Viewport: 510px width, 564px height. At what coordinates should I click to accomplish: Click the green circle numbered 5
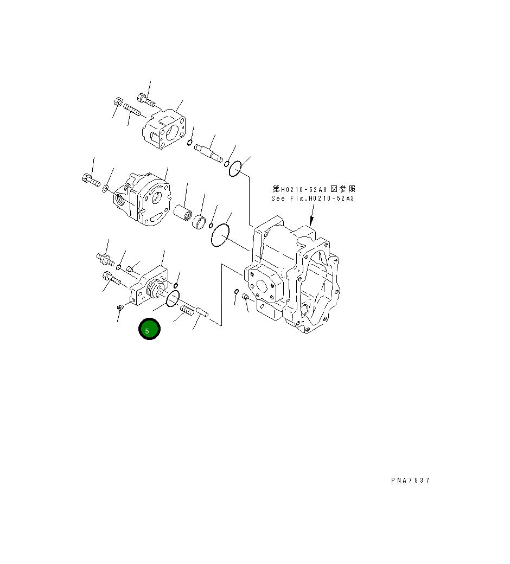[149, 330]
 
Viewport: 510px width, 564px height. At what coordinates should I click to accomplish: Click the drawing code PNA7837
[410, 480]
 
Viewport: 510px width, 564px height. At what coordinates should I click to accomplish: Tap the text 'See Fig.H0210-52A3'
[313, 199]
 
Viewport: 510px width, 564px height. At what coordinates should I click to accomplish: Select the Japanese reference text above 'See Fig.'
[314, 189]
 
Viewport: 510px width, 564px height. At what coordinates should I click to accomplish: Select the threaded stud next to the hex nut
[132, 110]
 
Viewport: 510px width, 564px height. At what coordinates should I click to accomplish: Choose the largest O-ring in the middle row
[220, 236]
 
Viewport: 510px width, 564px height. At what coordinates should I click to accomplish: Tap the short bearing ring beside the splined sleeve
[200, 222]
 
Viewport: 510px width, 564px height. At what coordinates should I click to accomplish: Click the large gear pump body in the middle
[144, 200]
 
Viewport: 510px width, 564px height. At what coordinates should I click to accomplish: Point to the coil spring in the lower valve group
[187, 311]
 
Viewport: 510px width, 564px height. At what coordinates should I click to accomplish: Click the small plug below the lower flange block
[120, 308]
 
